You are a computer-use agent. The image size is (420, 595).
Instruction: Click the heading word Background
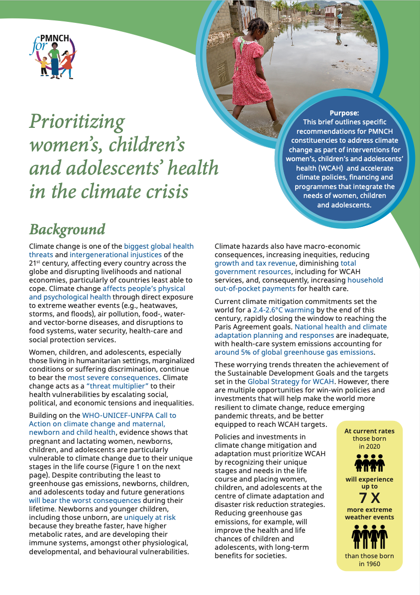point(67,229)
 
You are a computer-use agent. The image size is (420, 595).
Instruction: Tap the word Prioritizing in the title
point(77,121)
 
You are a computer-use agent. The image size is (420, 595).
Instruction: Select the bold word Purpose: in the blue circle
point(344,113)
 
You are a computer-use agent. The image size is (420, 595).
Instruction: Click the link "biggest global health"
point(159,246)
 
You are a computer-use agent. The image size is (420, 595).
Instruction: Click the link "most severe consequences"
point(123,378)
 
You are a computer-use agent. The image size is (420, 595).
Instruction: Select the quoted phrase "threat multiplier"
point(115,386)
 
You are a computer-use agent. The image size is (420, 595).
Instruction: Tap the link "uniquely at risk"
point(150,517)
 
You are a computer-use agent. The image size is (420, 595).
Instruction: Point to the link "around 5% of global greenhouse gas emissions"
point(294,352)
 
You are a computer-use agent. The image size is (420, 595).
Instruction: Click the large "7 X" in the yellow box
point(369,498)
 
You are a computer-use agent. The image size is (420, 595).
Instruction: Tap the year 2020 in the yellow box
point(369,446)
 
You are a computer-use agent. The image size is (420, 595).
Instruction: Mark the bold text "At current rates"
point(369,431)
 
